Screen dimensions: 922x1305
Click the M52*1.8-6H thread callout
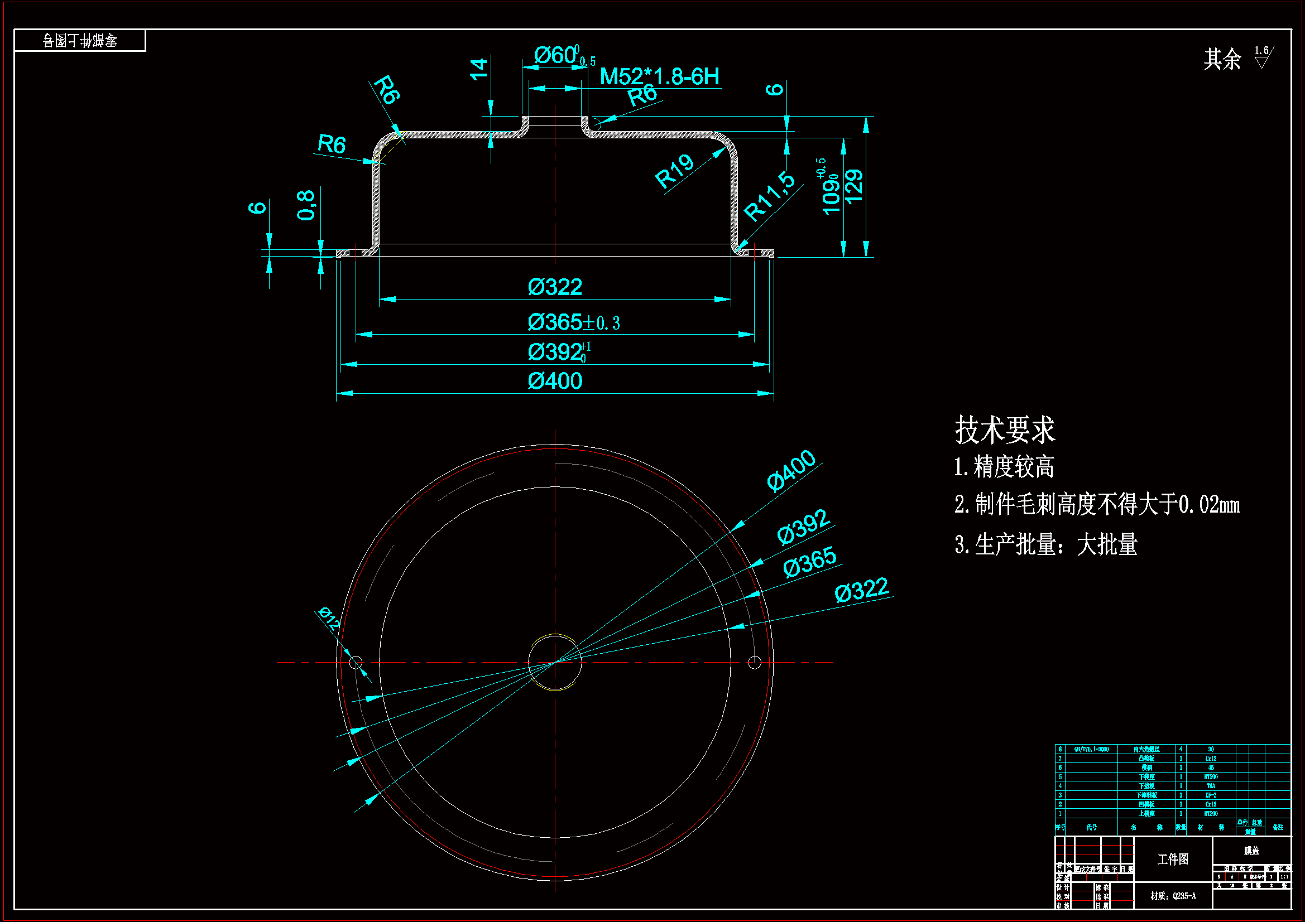click(x=659, y=76)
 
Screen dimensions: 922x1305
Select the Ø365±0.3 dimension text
click(x=573, y=322)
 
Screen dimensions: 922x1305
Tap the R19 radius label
click(x=674, y=171)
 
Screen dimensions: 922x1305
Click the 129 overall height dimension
click(x=854, y=186)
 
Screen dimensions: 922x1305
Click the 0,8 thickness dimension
click(x=306, y=205)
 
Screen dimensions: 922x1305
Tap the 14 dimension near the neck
click(x=478, y=69)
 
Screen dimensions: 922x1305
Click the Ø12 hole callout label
click(x=329, y=617)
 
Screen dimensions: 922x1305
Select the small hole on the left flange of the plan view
click(x=356, y=663)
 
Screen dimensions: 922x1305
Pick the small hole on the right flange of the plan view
click(x=755, y=663)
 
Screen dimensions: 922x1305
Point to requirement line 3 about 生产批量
click(x=1046, y=545)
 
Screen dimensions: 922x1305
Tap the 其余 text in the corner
click(x=1222, y=59)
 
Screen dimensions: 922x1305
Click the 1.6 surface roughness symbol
click(x=1263, y=57)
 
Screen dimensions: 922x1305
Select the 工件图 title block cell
click(x=1173, y=859)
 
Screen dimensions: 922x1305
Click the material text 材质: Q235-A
click(x=1173, y=896)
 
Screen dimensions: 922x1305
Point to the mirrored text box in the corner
click(x=80, y=40)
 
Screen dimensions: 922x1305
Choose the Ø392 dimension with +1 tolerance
click(x=559, y=352)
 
